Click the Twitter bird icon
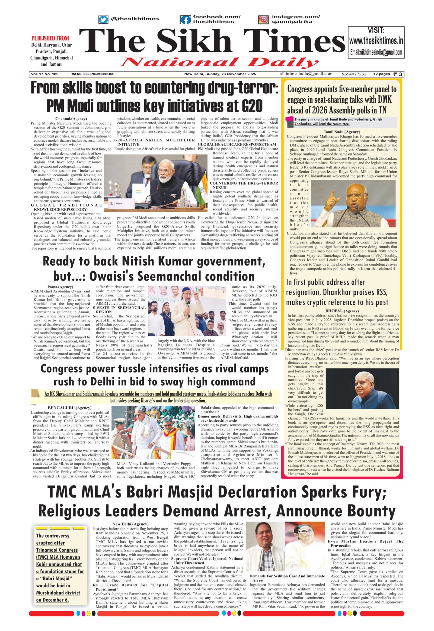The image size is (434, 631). pyautogui.click(x=103, y=19)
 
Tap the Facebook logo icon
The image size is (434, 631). pyautogui.click(x=186, y=19)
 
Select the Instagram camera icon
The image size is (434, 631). pyautogui.click(x=263, y=19)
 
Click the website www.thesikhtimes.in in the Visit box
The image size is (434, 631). pyautogui.click(x=376, y=41)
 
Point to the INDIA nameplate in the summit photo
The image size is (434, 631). pyautogui.click(x=119, y=203)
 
